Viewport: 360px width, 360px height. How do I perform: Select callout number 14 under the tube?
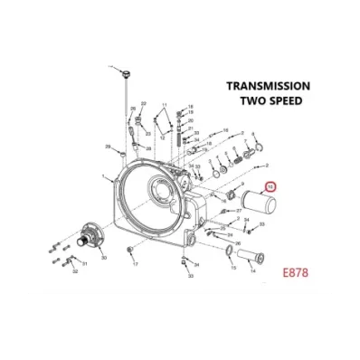pos(252,269)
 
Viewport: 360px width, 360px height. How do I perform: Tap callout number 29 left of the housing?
pos(108,146)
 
